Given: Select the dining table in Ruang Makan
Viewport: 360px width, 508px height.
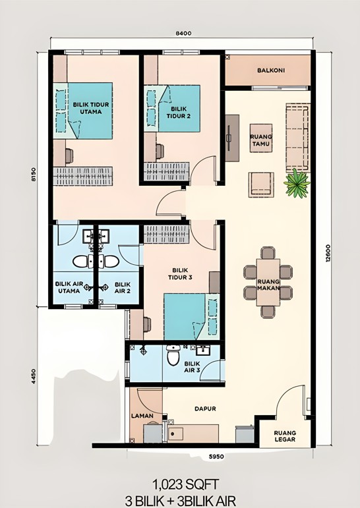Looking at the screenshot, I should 268,284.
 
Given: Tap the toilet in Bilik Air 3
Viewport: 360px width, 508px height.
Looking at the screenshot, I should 173,357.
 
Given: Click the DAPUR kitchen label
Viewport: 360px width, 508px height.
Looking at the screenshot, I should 206,409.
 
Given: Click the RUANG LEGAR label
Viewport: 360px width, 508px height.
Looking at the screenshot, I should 285,437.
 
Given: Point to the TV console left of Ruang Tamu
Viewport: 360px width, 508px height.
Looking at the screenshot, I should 231,137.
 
